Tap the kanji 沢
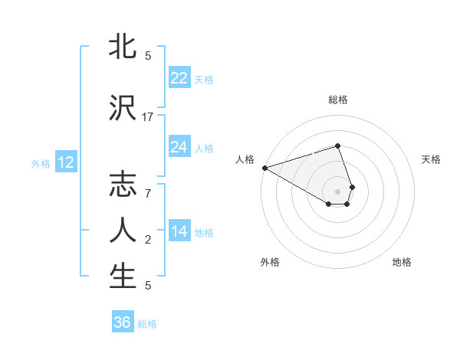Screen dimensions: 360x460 [x=123, y=108]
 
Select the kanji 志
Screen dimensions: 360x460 [x=123, y=186]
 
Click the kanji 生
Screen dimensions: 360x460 [x=123, y=277]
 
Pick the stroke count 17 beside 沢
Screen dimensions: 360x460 [x=148, y=116]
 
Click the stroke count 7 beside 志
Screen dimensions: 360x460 [x=148, y=195]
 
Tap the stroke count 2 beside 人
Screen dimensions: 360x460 [x=148, y=240]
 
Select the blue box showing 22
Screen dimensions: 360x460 [x=179, y=78]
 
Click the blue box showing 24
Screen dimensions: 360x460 [x=179, y=147]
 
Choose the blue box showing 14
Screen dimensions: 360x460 [x=179, y=231]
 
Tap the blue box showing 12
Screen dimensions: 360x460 [x=65, y=162]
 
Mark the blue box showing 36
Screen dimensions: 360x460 [x=123, y=322]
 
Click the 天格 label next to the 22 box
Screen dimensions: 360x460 [x=204, y=79]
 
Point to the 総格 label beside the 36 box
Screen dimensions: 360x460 [x=147, y=323]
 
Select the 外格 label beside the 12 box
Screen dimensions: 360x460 [x=41, y=163]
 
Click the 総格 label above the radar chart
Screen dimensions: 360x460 [x=338, y=100]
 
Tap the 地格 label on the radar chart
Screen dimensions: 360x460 [x=402, y=262]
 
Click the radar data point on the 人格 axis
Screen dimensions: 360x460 [x=264, y=168]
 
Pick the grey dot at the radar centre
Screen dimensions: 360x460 [x=338, y=191]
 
